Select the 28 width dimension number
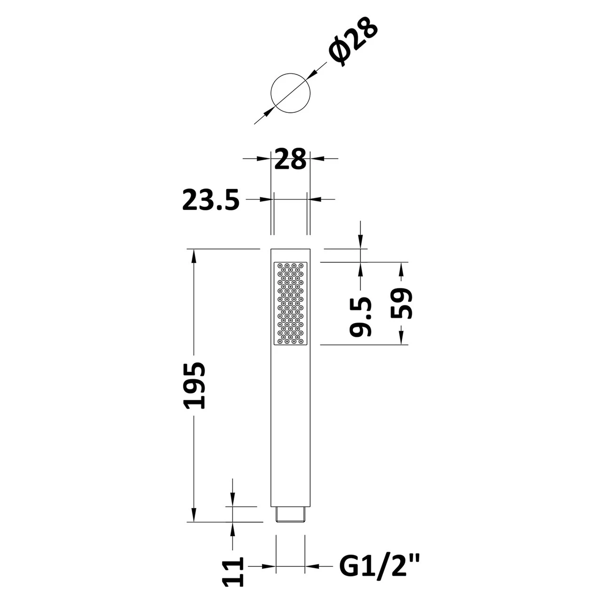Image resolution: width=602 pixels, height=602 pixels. click(x=290, y=159)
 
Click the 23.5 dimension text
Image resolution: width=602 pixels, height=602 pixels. click(x=211, y=199)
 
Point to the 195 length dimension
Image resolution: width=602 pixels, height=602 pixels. click(x=194, y=385)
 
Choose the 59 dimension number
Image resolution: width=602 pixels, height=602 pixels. click(x=402, y=303)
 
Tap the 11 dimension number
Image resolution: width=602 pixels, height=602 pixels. click(x=232, y=572)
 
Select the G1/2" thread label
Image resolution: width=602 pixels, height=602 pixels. click(x=379, y=566)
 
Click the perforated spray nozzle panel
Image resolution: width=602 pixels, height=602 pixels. click(x=291, y=303)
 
